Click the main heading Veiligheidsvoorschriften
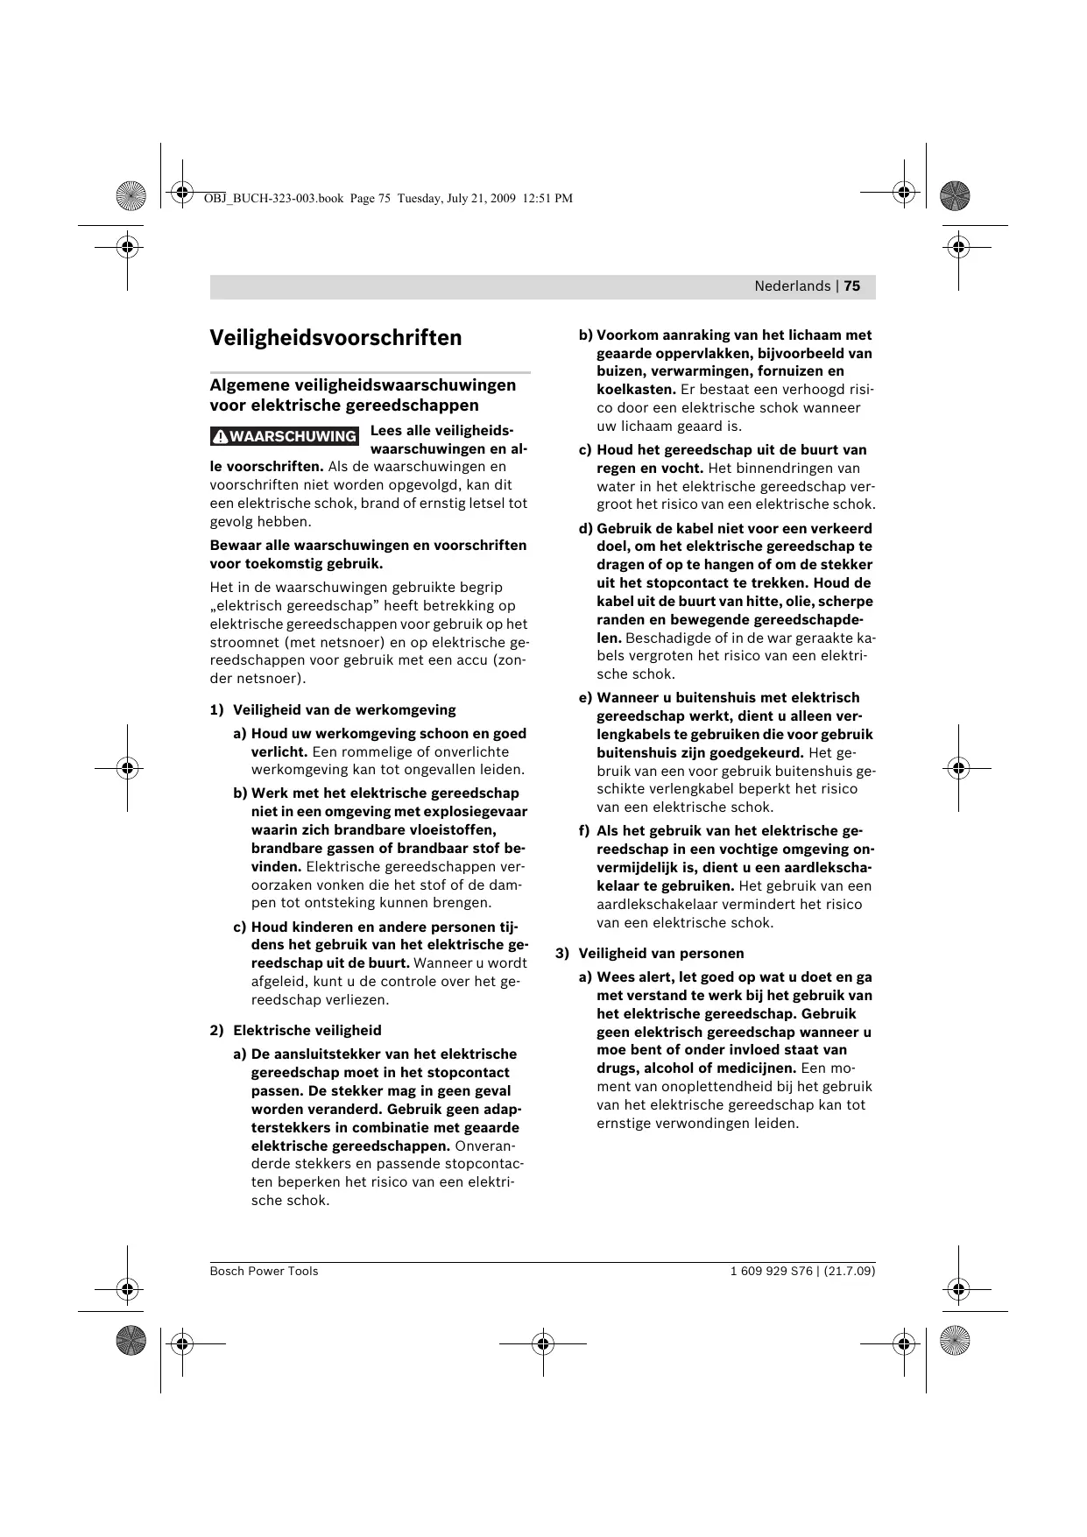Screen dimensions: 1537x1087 click(x=335, y=338)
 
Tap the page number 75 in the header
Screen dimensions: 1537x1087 click(x=852, y=286)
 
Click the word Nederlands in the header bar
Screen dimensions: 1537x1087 click(x=792, y=286)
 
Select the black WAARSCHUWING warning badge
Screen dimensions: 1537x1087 click(x=285, y=436)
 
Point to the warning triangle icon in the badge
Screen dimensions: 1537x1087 click(x=221, y=436)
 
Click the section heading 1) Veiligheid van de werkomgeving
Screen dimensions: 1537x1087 click(x=333, y=710)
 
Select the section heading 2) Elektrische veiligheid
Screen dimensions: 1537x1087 click(x=296, y=1031)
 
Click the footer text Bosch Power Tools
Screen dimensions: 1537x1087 click(x=264, y=1271)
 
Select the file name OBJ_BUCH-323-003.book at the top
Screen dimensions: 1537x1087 click(x=273, y=199)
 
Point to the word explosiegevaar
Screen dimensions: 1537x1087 click(x=477, y=812)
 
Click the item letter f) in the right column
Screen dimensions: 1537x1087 click(x=584, y=831)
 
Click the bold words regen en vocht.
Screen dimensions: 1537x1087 click(x=650, y=469)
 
